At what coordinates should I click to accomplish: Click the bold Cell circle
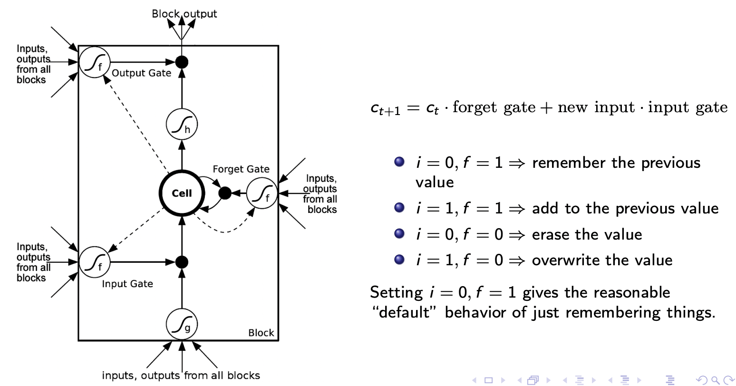click(182, 193)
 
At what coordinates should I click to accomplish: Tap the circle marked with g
click(182, 325)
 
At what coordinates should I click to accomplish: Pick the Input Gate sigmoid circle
click(94, 262)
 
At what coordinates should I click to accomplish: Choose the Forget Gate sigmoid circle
click(262, 193)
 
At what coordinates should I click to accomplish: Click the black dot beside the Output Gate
click(182, 62)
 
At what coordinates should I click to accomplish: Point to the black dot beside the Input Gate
click(182, 262)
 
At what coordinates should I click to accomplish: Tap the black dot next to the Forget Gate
click(225, 193)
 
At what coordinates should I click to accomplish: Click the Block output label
click(184, 14)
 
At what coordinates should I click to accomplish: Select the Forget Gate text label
click(241, 169)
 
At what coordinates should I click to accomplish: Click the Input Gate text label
click(127, 284)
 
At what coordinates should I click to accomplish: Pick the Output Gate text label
click(141, 74)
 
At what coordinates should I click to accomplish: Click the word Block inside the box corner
click(261, 333)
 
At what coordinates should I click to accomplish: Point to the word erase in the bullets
click(551, 234)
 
